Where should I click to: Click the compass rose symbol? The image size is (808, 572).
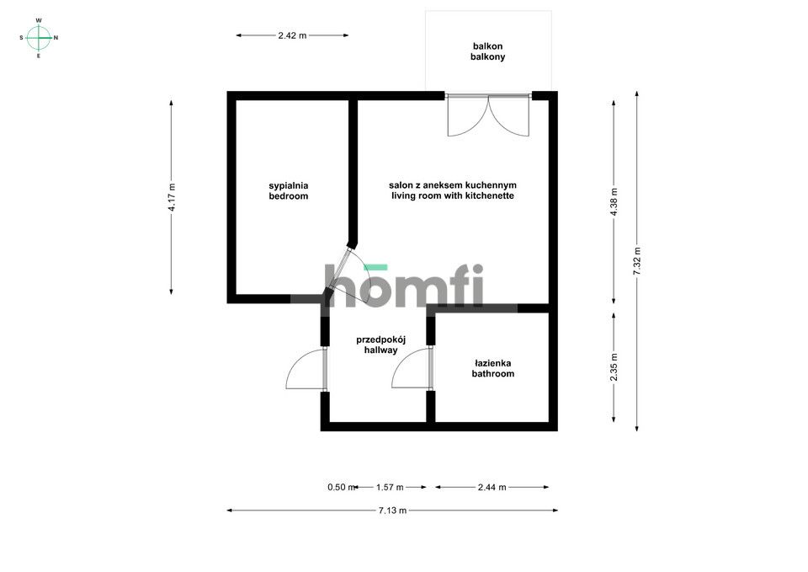39,37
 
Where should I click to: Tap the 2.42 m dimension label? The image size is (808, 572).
292,35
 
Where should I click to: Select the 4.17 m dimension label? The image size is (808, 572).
172,197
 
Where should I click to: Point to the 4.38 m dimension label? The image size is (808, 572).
614,202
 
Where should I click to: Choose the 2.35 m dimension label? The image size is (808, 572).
614,367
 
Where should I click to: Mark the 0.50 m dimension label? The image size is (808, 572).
338,487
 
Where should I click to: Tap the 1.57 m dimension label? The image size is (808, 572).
390,487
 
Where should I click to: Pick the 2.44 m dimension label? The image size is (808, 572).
492,487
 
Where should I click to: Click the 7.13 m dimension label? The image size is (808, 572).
392,510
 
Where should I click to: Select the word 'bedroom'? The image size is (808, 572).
289,196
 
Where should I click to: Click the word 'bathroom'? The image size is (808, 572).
492,373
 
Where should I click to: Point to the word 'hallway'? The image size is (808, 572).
380,350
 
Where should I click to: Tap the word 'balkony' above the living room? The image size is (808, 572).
488,57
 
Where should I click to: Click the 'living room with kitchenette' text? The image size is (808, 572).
452,196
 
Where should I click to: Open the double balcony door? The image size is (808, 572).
488,116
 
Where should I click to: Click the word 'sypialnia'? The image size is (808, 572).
289,184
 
